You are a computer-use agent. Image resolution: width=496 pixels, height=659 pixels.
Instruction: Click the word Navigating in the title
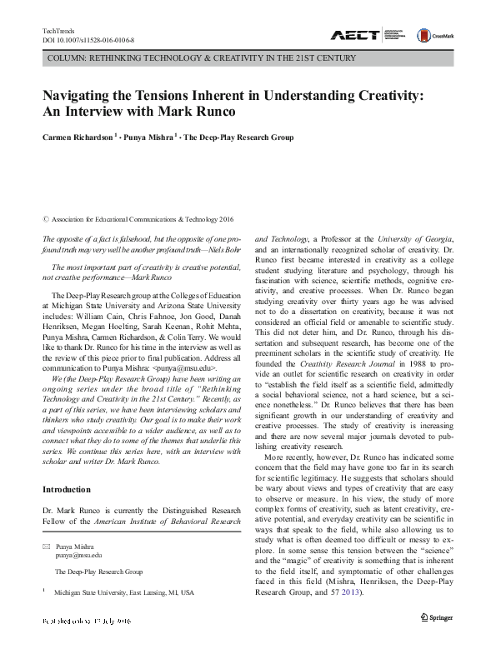click(x=81, y=97)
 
